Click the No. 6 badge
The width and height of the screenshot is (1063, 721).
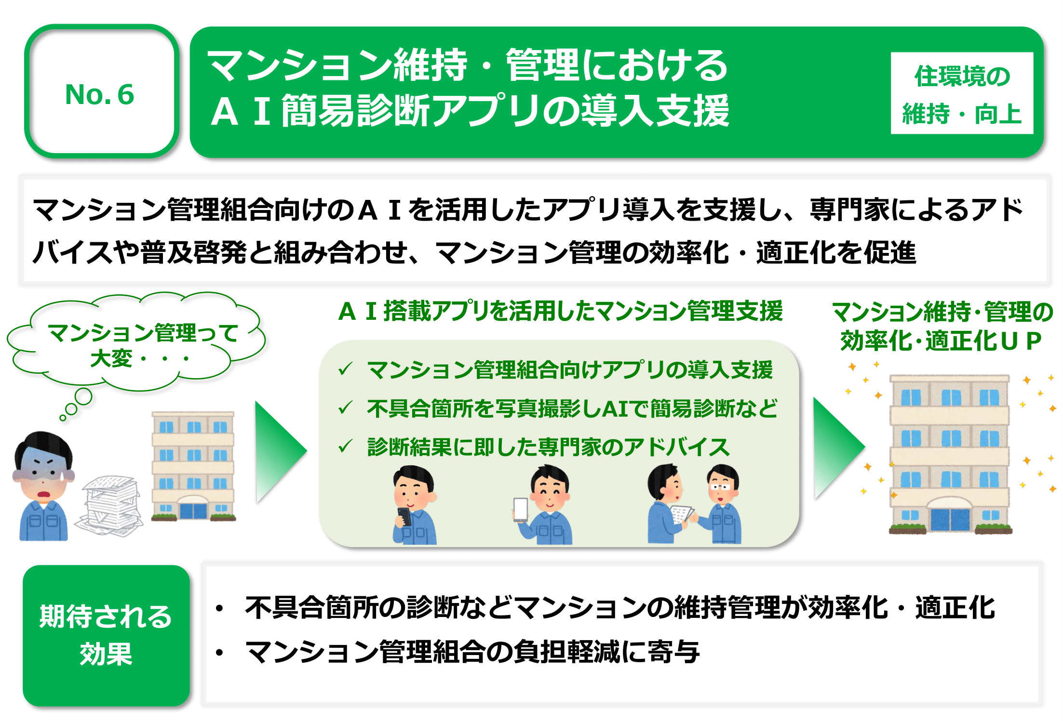101,92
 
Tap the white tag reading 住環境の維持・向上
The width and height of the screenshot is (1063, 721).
962,93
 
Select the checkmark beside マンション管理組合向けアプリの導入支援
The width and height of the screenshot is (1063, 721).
346,369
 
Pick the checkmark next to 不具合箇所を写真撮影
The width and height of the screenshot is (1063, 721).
346,407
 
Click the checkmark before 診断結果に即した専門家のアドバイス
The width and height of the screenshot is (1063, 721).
346,446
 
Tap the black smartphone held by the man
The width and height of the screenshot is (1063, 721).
404,517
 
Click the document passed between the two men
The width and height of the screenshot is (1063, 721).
682,514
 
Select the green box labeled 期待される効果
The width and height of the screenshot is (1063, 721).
106,636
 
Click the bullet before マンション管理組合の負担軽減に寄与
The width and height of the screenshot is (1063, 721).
220,653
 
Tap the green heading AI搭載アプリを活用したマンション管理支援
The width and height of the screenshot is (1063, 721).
561,311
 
